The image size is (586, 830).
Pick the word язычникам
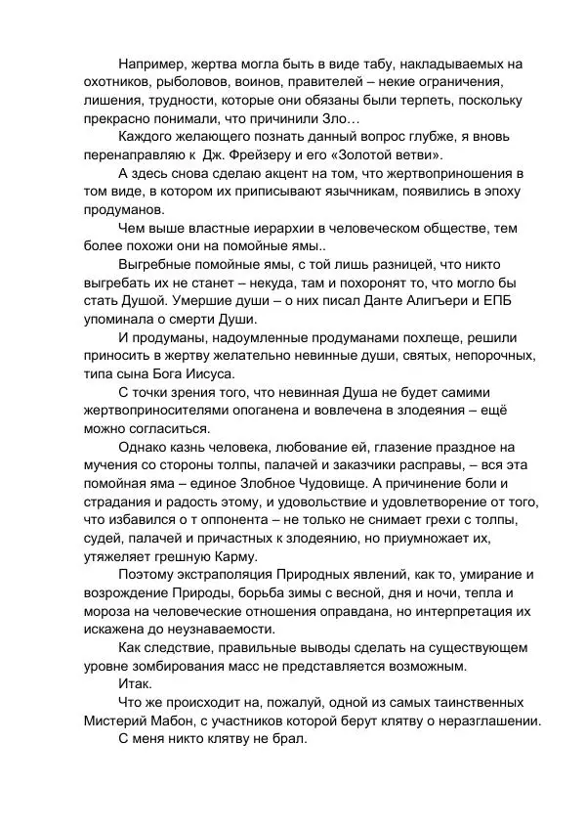(370, 191)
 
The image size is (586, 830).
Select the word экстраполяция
(233, 573)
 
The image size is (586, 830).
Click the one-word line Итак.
(136, 683)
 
